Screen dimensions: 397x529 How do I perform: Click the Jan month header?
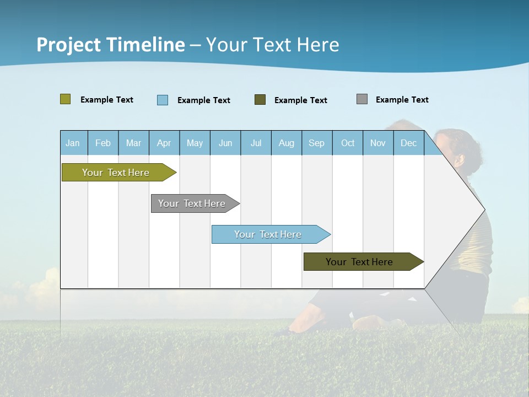click(x=73, y=143)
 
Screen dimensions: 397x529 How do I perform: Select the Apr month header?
click(x=164, y=143)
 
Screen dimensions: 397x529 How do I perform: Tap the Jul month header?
click(x=256, y=143)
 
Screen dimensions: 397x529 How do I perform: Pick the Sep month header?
click(x=316, y=143)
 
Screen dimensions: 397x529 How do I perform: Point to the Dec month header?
click(x=408, y=143)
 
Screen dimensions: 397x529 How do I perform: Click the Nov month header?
click(x=378, y=143)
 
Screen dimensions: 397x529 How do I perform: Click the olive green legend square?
click(x=66, y=99)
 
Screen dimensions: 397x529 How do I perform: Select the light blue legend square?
click(x=163, y=100)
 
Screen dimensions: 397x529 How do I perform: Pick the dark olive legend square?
click(x=260, y=100)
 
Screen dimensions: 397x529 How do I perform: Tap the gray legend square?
click(x=362, y=99)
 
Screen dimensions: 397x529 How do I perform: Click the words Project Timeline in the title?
click(x=111, y=45)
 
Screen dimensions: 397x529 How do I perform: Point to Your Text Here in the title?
click(x=272, y=45)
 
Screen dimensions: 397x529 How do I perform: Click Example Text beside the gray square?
click(x=402, y=100)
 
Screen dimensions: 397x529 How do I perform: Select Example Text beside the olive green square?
click(x=106, y=100)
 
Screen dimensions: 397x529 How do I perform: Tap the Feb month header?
click(x=103, y=143)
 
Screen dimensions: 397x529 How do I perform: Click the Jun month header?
click(x=225, y=143)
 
